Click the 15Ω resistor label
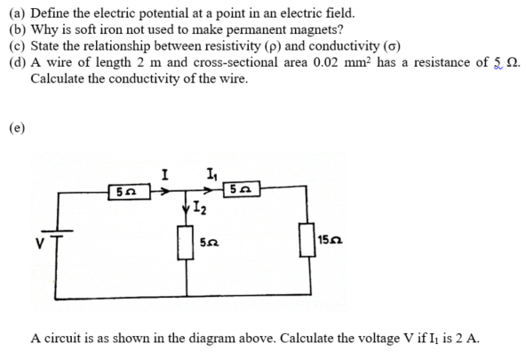tap(331, 240)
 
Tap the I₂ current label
tap(200, 208)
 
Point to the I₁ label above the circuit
tap(212, 174)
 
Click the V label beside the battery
tap(40, 244)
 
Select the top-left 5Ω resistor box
tap(129, 192)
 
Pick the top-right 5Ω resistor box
tap(242, 189)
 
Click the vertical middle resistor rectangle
tap(185, 243)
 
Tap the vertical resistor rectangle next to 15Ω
tap(307, 240)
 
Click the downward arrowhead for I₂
tap(187, 208)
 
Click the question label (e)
tap(17, 128)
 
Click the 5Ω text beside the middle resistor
tap(210, 243)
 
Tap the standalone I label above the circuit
tap(164, 175)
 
